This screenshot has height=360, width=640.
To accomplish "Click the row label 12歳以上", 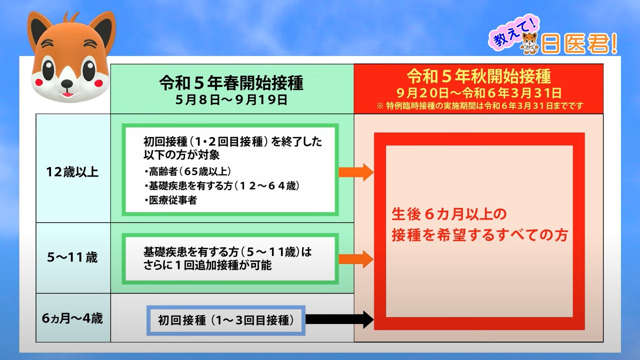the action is (x=72, y=172).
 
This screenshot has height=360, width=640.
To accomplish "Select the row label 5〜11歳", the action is (x=72, y=258).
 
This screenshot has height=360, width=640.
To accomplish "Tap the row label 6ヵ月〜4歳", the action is (x=72, y=318).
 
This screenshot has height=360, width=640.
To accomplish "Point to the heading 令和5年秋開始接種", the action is (x=478, y=76).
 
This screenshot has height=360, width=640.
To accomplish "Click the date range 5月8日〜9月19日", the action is (x=231, y=99).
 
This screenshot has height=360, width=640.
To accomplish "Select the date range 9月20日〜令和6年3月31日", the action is (x=478, y=93).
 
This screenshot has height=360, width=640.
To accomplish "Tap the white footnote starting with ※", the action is (x=478, y=106).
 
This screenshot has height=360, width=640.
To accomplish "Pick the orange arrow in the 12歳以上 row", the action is (x=355, y=172).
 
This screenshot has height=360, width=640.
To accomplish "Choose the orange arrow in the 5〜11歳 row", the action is (x=355, y=259).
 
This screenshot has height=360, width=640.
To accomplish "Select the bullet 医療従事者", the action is (x=169, y=200).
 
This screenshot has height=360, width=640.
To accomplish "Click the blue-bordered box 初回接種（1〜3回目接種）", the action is (x=225, y=320).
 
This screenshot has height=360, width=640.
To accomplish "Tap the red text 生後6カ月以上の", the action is (x=448, y=214).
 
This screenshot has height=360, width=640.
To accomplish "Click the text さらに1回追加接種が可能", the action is (x=207, y=265).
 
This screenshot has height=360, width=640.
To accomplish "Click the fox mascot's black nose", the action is (x=66, y=81).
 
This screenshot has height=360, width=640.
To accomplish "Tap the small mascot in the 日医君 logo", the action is (x=529, y=43).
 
